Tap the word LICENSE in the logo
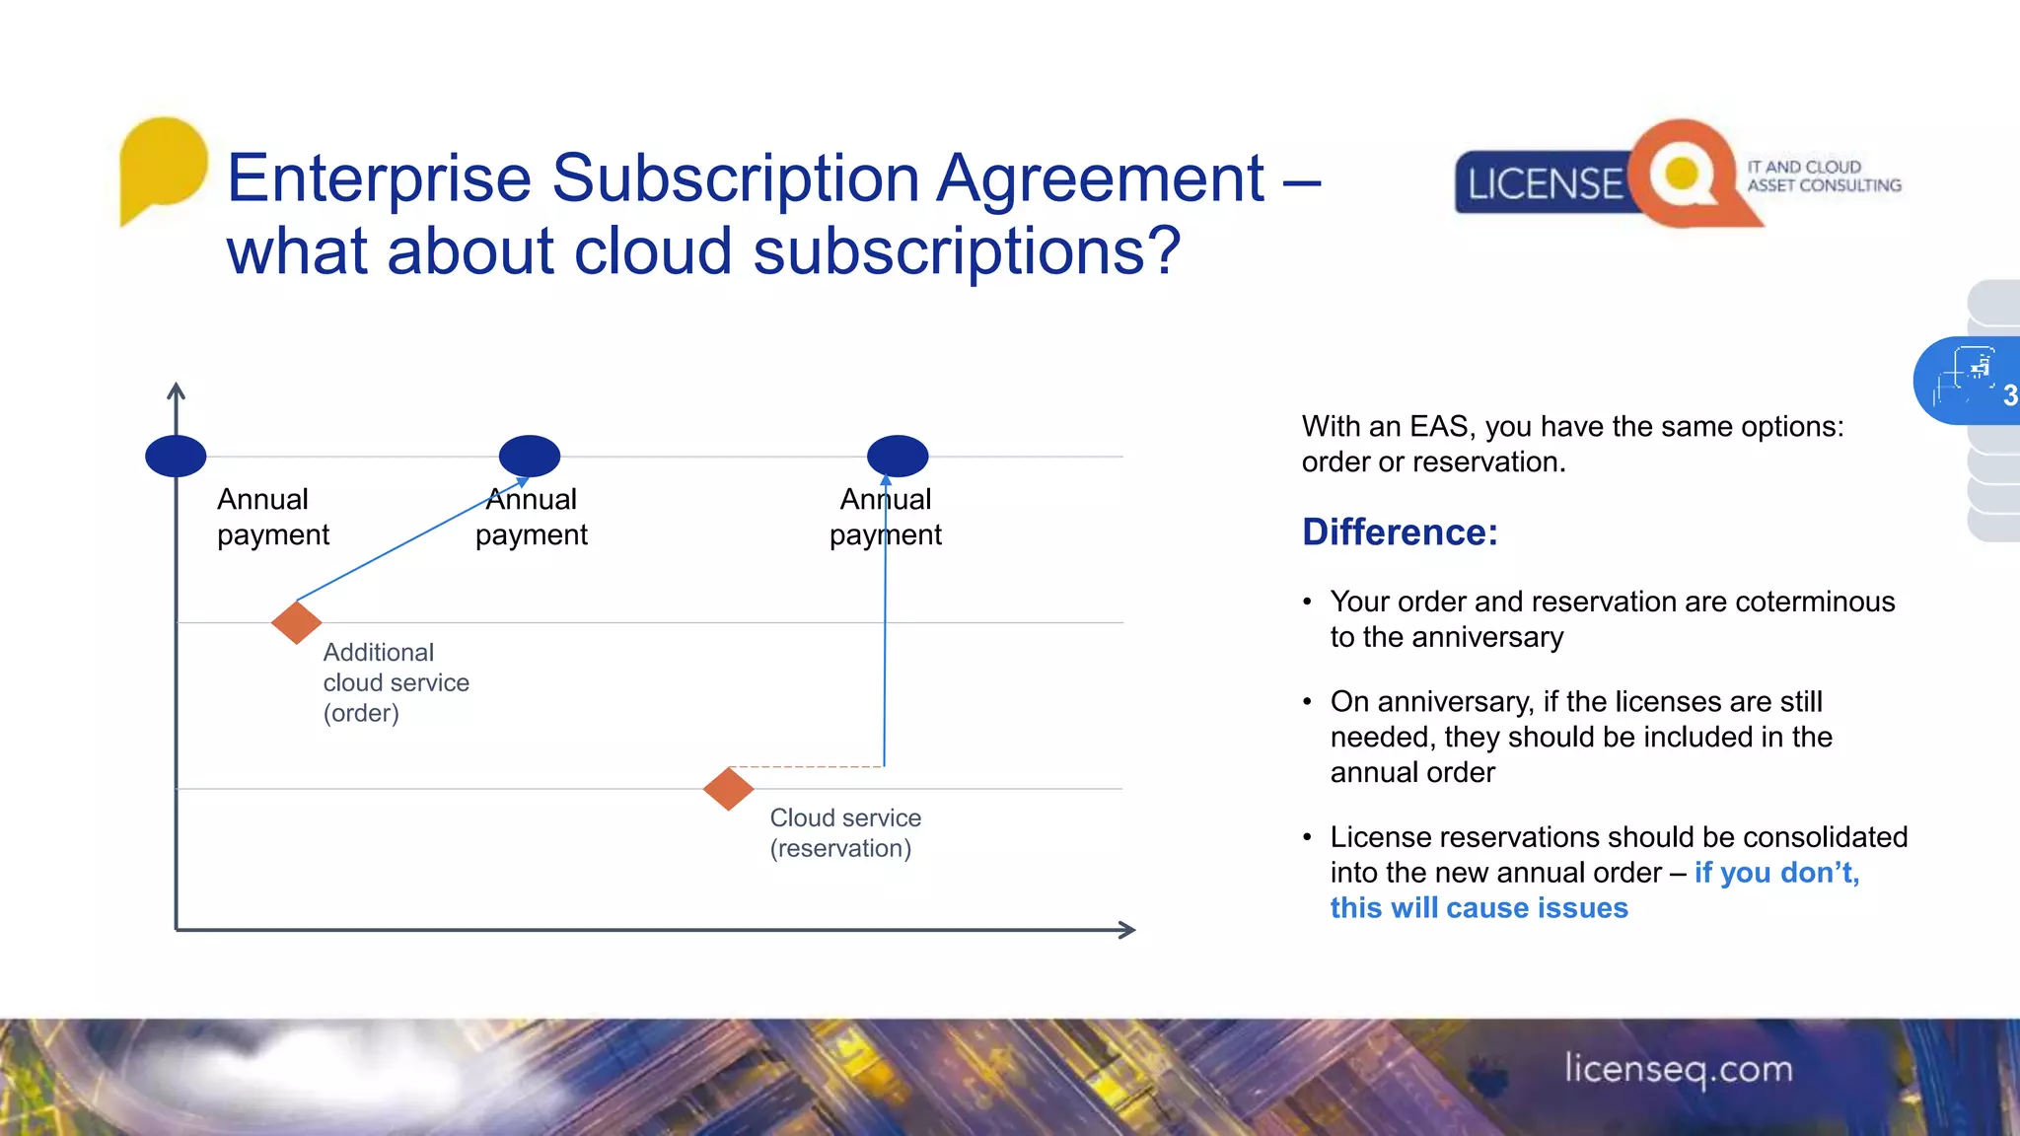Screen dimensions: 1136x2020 [x=1544, y=184]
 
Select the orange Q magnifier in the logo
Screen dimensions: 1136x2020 [x=1684, y=175]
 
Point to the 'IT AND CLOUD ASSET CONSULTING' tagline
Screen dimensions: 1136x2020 [x=1823, y=177]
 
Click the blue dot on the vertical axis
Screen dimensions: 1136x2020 [x=176, y=456]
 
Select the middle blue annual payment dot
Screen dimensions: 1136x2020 [x=530, y=456]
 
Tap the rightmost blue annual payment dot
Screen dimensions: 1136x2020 [x=898, y=456]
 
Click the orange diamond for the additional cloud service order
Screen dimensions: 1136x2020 [x=297, y=622]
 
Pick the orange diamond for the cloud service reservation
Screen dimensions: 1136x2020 [x=729, y=789]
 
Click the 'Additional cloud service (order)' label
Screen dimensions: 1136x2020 [x=396, y=682]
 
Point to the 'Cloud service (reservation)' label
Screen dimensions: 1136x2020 [x=845, y=833]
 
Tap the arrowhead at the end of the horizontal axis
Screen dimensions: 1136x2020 [x=1127, y=930]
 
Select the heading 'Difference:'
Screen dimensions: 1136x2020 [x=1400, y=532]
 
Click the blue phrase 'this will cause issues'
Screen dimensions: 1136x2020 [x=1479, y=908]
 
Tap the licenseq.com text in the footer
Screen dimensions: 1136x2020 [x=1678, y=1069]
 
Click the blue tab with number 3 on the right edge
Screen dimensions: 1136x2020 [x=1969, y=382]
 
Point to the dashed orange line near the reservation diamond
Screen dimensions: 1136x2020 [x=806, y=766]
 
